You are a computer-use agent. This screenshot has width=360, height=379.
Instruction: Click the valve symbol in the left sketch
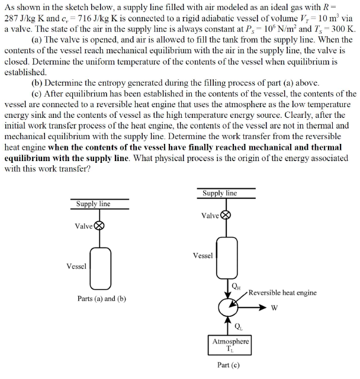point(100,226)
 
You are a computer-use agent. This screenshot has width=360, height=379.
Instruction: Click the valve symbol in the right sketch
point(226,216)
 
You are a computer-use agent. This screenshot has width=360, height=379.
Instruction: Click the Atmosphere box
point(231,344)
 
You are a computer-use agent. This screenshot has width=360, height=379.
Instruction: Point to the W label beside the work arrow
point(275,308)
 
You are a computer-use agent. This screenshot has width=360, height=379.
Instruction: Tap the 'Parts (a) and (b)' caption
point(102,298)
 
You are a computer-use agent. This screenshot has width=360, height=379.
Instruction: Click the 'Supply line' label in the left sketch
point(93,204)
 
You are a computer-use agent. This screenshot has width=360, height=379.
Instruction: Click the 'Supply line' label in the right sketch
point(219,193)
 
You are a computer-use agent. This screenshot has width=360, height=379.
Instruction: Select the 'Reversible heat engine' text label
point(282,293)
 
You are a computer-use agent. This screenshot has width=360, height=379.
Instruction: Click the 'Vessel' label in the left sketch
point(76,266)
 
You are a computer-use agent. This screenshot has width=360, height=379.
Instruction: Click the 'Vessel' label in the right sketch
point(202,256)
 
